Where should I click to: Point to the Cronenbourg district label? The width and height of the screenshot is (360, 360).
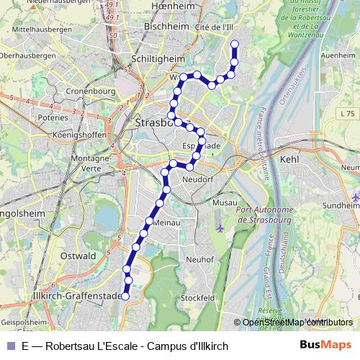(86, 91)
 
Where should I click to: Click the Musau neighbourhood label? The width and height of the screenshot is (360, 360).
(225, 204)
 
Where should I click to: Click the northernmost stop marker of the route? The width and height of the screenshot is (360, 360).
(234, 45)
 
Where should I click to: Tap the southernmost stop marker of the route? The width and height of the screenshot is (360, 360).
(125, 296)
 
